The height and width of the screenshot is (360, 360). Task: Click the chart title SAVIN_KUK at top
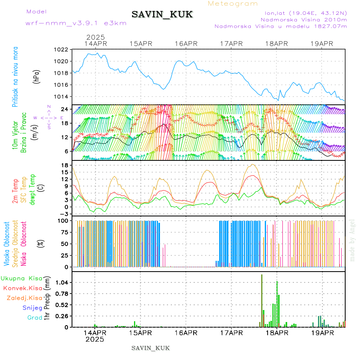162,15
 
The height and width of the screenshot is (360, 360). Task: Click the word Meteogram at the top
233,4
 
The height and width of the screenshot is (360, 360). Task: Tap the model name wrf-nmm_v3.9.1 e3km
76,23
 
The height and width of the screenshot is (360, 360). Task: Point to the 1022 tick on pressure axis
62,50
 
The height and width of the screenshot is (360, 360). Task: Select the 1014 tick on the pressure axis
62,96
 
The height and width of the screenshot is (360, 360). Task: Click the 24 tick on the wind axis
64,109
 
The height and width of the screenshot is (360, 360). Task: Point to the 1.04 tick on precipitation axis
61,282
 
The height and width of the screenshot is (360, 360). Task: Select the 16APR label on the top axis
186,44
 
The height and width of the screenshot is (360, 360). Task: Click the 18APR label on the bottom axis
276,333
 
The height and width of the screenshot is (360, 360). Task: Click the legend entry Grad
34,318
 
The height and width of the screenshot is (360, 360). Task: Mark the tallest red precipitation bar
262,300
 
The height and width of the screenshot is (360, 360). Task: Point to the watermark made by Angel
352,240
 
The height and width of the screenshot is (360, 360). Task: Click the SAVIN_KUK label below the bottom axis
150,348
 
